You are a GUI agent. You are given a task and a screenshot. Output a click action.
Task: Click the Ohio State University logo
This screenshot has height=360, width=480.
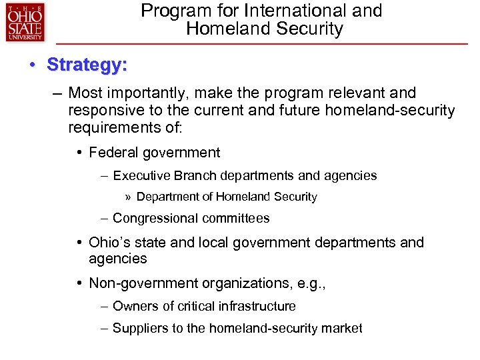point(25,23)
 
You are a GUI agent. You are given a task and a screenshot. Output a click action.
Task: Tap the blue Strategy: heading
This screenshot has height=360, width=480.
point(87,65)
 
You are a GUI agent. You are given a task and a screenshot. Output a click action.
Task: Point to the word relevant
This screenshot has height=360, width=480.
point(351,93)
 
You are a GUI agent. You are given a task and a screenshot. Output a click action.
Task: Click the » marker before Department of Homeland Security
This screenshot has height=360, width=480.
point(128,197)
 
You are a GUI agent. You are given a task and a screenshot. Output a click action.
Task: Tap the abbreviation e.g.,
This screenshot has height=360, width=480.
point(309,283)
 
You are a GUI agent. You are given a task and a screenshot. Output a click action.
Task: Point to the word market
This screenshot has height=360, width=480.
point(344,328)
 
